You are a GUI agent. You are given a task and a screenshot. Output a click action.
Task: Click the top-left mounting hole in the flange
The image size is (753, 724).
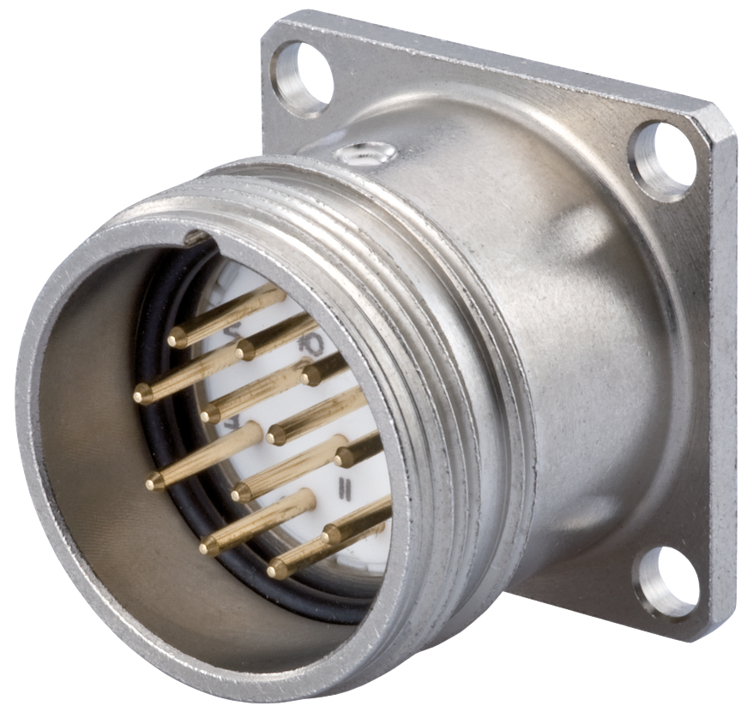301,78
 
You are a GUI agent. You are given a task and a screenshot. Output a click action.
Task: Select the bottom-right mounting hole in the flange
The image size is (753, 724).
666,582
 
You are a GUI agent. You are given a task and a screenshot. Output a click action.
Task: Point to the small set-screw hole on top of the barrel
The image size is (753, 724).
365,154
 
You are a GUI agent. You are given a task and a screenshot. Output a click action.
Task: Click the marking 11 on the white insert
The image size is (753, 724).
346,489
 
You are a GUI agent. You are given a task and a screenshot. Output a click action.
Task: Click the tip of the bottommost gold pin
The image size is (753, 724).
275,571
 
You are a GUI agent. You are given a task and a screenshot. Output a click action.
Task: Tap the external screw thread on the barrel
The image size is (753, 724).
429,283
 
